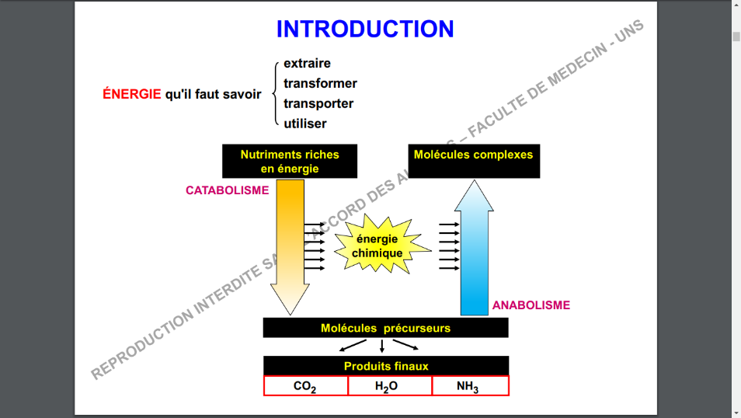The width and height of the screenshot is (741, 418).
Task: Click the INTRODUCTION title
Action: point(365,30)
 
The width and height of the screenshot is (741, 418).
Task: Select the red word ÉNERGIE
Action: point(132,94)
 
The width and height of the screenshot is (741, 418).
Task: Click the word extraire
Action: point(307,64)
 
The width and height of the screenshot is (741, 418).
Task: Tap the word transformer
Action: point(320,83)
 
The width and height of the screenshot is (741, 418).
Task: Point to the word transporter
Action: point(318,103)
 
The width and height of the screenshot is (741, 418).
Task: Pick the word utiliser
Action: point(305,124)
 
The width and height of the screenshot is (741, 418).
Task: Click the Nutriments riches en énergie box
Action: point(290,161)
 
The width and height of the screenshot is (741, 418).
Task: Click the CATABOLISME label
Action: point(228,190)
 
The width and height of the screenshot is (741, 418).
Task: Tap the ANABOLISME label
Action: point(531,305)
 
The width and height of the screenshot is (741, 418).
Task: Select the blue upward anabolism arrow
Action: point(473,249)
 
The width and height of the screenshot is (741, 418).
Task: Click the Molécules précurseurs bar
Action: point(385,328)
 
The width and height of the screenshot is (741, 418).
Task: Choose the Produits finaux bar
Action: point(386,366)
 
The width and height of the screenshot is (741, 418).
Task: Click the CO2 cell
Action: point(305,386)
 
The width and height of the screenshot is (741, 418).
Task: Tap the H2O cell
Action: point(386,386)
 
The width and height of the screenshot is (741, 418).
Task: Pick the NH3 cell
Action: point(468,386)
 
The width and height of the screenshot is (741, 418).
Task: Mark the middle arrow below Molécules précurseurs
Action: point(381,347)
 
